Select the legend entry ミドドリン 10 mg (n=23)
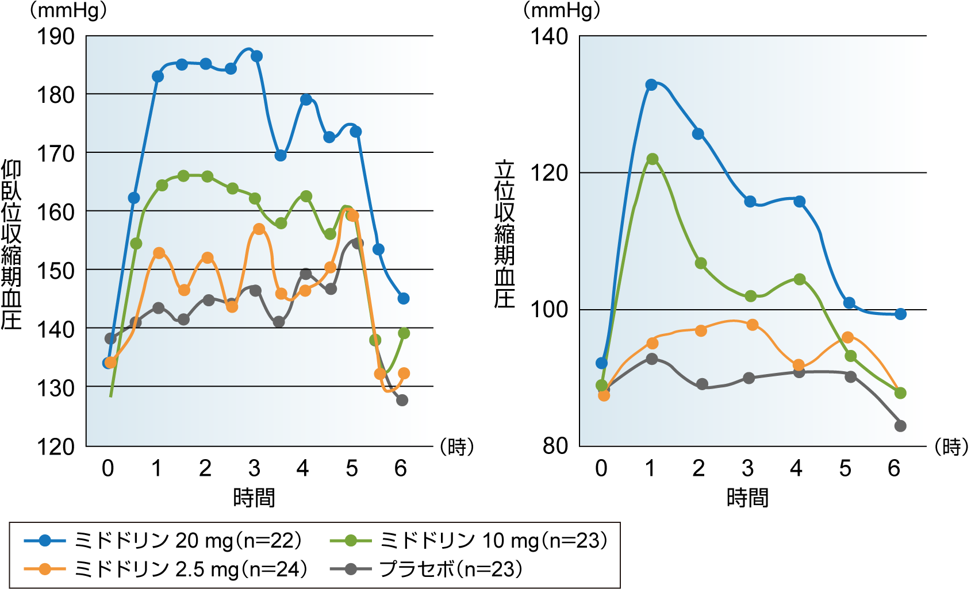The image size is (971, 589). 469,540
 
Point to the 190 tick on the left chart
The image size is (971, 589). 56,36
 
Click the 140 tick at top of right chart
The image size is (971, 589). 548,36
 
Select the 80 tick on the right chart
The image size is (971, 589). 555,446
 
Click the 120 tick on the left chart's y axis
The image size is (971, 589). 56,446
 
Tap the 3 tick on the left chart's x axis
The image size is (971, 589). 254,468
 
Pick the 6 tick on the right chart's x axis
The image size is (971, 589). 893,468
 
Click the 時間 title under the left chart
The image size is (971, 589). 254,497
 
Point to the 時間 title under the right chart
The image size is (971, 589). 747,497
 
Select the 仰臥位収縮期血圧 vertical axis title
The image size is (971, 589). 11,244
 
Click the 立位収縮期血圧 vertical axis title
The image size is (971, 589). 505,234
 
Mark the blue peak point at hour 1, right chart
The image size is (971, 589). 651,85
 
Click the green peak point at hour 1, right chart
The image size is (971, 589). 652,159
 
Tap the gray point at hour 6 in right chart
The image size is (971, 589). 900,426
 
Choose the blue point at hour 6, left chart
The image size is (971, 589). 403,299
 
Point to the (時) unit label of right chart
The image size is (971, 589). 951,446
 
